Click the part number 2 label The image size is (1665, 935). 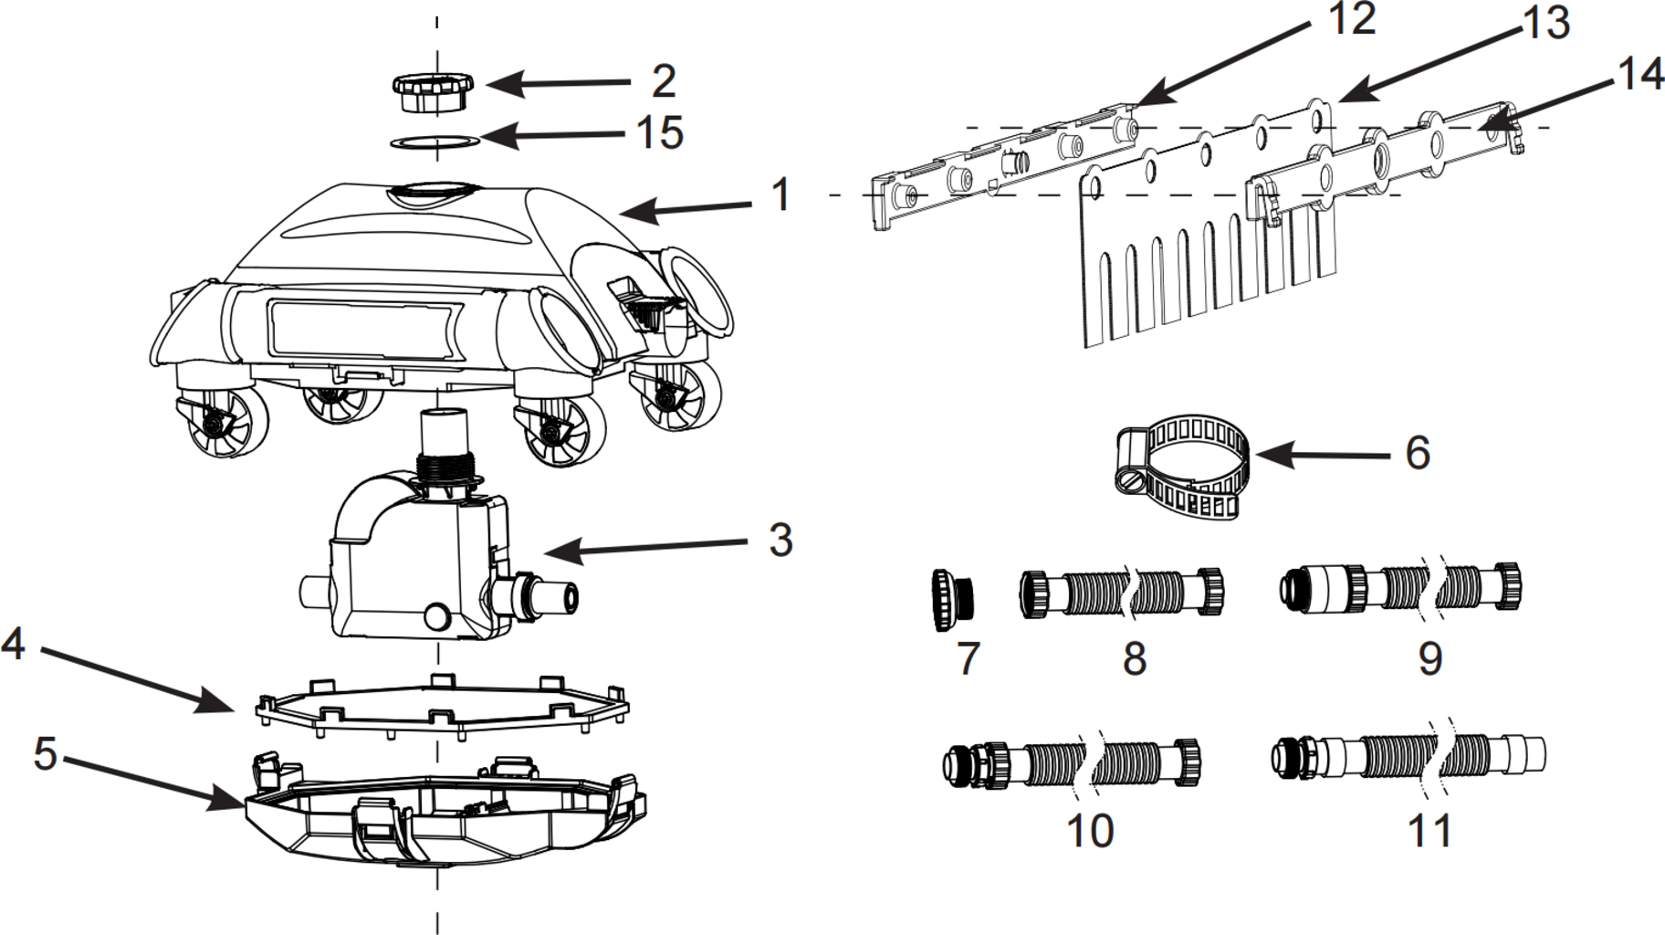click(663, 81)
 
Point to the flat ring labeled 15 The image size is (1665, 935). click(435, 142)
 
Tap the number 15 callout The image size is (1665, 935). click(659, 132)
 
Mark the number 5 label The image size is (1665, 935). click(45, 754)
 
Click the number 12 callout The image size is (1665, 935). click(1351, 18)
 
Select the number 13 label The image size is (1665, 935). click(1545, 23)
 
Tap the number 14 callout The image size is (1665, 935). click(1639, 73)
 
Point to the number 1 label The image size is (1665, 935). click(780, 194)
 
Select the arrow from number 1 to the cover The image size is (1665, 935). click(685, 209)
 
